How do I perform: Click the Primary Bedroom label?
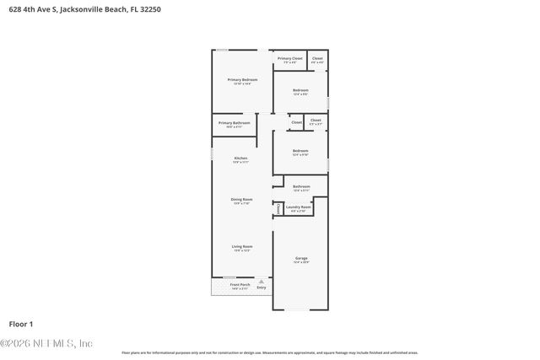242,79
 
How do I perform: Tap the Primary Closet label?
290,58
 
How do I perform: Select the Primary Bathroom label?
235,123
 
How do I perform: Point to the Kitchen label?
240,159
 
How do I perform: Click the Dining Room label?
242,200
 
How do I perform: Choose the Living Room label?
242,246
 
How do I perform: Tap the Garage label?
301,258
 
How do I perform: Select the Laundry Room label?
299,207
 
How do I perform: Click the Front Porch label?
240,285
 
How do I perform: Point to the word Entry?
262,288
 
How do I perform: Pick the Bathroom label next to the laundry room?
301,186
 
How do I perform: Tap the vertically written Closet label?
278,207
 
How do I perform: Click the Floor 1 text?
20,324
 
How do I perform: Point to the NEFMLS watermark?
46,343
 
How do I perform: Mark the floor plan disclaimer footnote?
269,352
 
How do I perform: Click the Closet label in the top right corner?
317,58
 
